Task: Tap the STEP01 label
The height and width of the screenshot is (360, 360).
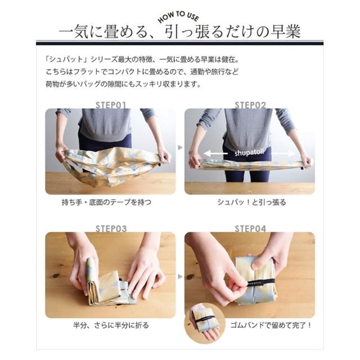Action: tap(111, 105)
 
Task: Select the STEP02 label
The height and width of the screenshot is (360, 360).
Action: tap(250, 105)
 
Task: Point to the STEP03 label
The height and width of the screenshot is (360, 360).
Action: tap(111, 229)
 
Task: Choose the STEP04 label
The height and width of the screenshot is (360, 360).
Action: tap(250, 229)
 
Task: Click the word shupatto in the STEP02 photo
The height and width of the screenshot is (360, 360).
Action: tap(249, 152)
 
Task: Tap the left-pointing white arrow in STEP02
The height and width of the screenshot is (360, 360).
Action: tap(215, 154)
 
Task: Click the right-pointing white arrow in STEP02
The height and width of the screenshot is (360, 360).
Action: tap(283, 154)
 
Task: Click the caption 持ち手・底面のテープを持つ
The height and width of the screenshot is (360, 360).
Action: tap(106, 202)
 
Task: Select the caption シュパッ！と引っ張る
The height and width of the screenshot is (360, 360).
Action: tap(251, 202)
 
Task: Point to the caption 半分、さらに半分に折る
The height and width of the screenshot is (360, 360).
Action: tap(111, 325)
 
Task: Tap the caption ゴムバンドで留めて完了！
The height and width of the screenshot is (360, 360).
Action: tap(271, 325)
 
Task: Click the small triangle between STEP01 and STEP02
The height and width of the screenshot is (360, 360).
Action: tap(181, 147)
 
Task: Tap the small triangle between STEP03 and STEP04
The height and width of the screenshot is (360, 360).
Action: tap(181, 277)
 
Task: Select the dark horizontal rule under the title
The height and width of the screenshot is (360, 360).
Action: tap(180, 43)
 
